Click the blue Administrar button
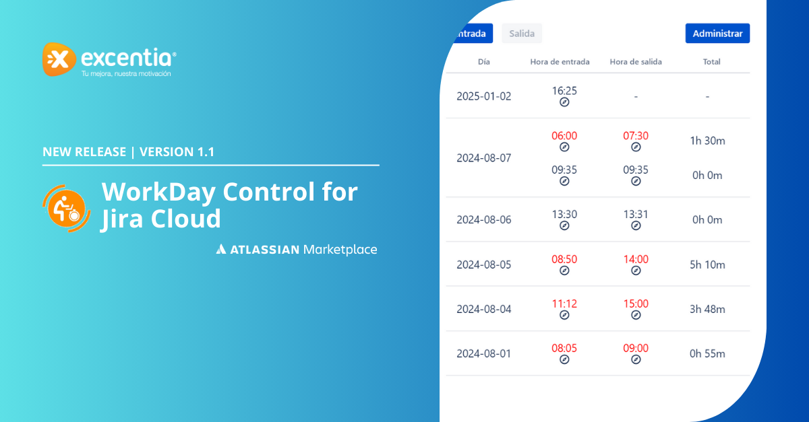717,33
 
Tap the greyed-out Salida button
522,33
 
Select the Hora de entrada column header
560,62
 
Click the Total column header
711,62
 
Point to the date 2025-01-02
484,96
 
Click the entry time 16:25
564,91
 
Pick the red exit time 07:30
636,135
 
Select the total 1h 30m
707,141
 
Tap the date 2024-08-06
484,219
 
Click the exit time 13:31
636,214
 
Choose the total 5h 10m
707,265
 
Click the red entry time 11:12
564,304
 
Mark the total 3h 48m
707,309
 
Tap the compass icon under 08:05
564,359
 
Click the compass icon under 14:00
636,271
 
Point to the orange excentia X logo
59,59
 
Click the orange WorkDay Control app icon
67,209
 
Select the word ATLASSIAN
265,250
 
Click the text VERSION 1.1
177,152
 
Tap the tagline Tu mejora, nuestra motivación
126,73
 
